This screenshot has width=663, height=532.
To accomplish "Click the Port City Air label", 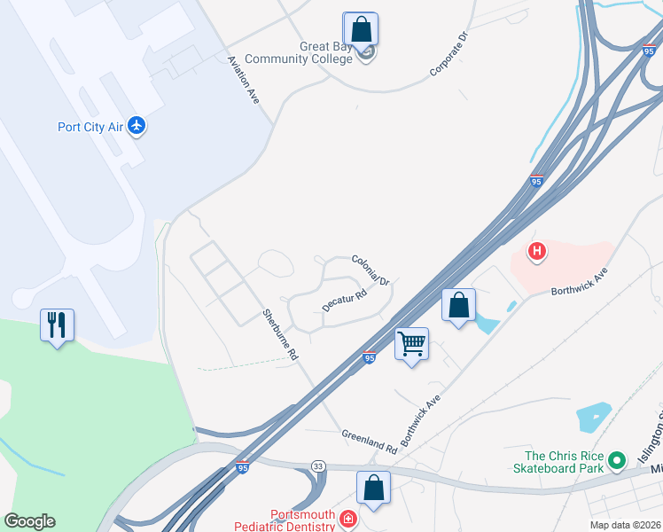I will pos(90,126).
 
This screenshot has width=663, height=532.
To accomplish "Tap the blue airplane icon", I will pos(136,126).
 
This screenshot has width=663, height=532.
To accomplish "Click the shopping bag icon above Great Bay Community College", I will pos(361,28).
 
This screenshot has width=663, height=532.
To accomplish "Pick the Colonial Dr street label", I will pos(370,270).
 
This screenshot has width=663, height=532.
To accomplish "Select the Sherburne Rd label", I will pos(278,333).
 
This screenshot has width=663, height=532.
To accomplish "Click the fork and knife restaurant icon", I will pos(57,325).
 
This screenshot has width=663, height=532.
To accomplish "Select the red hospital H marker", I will pos(536,253).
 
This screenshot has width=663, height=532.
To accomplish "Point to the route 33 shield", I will pos(317,465).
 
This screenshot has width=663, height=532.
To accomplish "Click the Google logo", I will pos(29,521).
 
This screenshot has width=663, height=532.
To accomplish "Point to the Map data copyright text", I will pos(626,525).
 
